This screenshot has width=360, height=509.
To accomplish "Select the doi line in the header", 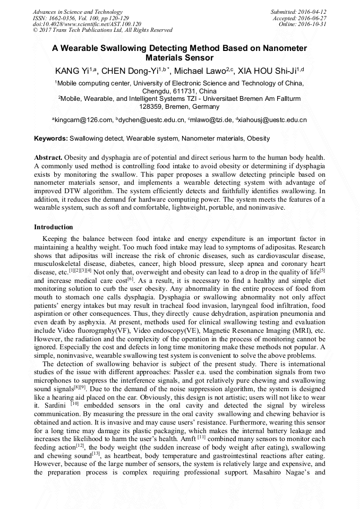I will click(87, 24).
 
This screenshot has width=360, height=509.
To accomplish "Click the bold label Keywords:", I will click(51, 139).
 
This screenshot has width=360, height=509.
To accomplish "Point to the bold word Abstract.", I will click(48, 158).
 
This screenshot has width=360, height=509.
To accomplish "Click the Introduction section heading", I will click(53, 227).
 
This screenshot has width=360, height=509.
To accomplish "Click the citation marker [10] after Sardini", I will click(74, 403).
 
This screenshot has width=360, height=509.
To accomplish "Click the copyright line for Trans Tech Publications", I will click(102, 30).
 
